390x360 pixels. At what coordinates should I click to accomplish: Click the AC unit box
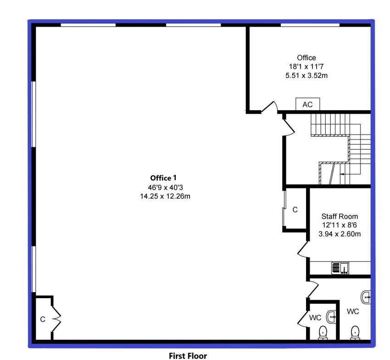pyautogui.click(x=307, y=105)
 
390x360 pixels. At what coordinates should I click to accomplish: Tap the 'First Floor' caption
pyautogui.click(x=188, y=355)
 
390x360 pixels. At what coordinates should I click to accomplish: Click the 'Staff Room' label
pyautogui.click(x=340, y=216)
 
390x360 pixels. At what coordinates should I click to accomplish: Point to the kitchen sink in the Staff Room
pyautogui.click(x=340, y=267)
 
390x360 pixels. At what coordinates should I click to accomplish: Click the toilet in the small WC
pyautogui.click(x=323, y=332)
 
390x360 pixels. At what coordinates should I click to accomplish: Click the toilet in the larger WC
pyautogui.click(x=355, y=332)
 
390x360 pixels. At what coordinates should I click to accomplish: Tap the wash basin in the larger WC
pyautogui.click(x=366, y=297)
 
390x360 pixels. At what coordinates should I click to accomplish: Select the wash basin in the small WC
pyautogui.click(x=332, y=316)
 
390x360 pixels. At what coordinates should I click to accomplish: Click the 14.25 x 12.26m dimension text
pyautogui.click(x=165, y=196)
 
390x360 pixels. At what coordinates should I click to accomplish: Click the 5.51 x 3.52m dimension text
pyautogui.click(x=306, y=75)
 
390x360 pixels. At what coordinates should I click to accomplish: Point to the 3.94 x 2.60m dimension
pyautogui.click(x=340, y=234)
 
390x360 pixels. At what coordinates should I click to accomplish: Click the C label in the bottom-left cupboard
pyautogui.click(x=42, y=320)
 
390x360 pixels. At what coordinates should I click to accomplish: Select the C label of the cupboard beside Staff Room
pyautogui.click(x=295, y=210)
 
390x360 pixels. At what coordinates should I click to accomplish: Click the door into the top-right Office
pyautogui.click(x=270, y=107)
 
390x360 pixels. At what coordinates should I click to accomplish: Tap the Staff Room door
pyautogui.click(x=303, y=250)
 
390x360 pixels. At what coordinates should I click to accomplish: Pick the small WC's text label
pyautogui.click(x=315, y=317)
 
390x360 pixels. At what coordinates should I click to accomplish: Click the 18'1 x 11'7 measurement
pyautogui.click(x=306, y=66)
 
